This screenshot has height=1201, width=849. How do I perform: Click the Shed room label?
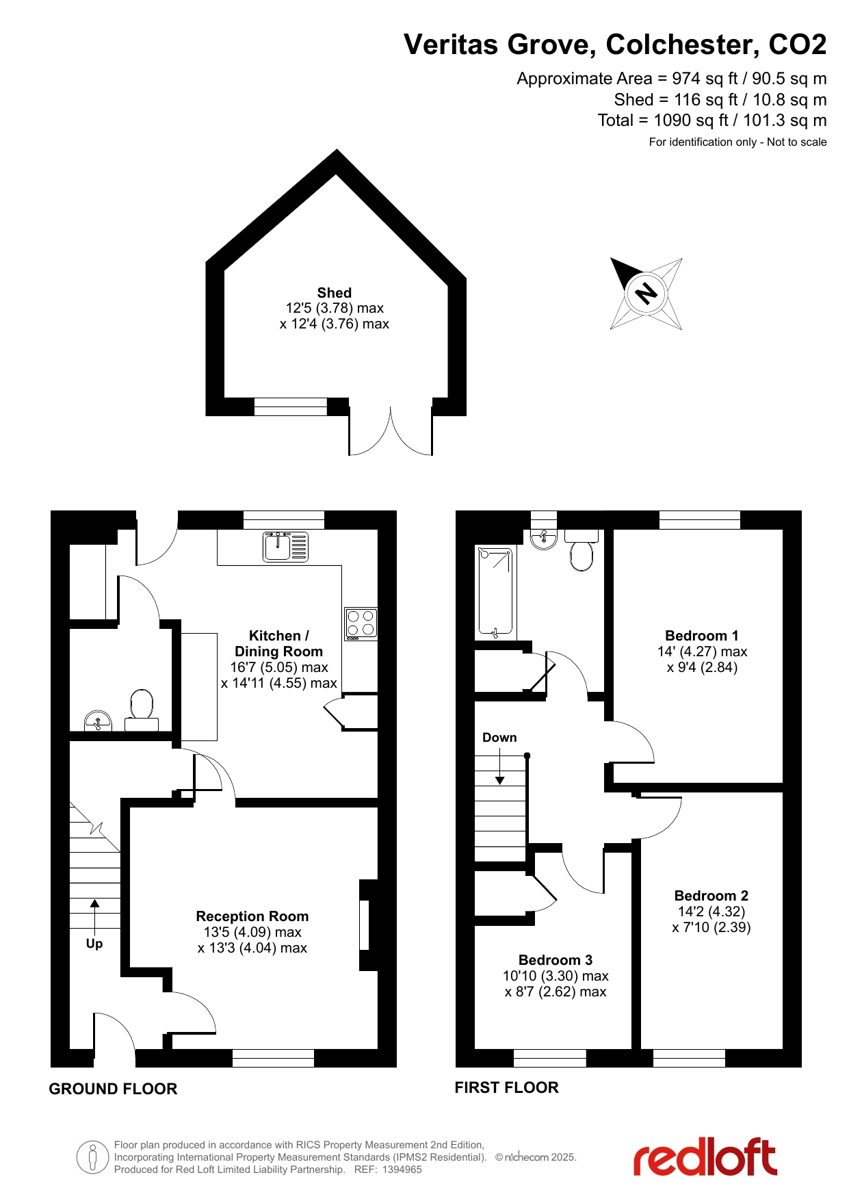335,292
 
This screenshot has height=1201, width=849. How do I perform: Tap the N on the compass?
646,294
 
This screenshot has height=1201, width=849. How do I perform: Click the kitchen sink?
286,547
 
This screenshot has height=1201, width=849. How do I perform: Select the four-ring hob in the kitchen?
361,623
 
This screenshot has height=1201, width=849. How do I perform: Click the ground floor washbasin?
98,721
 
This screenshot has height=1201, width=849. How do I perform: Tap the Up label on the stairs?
94,943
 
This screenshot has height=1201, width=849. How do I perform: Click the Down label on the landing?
499,737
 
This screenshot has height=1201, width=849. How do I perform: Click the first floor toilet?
582,550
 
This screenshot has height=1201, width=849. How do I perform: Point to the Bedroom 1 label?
702,635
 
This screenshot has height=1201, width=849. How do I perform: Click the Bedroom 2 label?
711,895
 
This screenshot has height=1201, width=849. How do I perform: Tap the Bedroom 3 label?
556,959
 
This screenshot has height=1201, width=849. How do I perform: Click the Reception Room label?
252,916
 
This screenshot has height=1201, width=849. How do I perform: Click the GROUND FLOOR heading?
113,1089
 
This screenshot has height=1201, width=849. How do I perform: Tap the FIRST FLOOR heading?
507,1087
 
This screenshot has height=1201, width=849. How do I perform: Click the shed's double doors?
391,430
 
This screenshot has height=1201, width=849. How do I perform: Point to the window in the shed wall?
291,406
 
